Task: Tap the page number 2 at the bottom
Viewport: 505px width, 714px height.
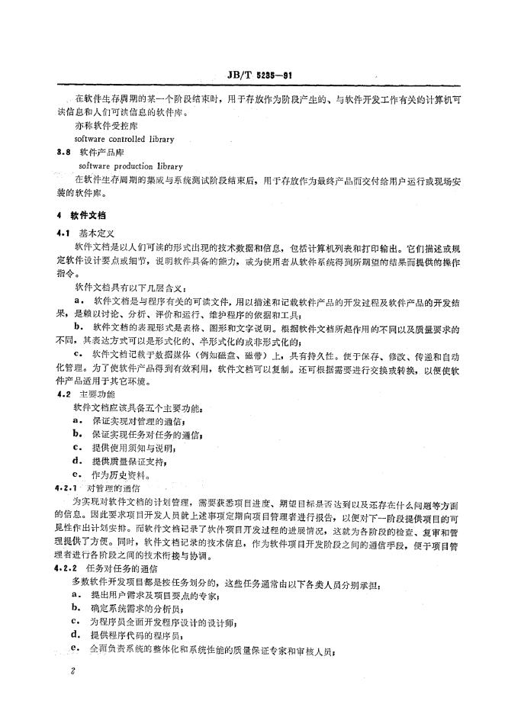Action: [x=71, y=672]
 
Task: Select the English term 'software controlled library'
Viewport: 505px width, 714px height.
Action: [x=124, y=140]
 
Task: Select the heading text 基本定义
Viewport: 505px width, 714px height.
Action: [x=97, y=233]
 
